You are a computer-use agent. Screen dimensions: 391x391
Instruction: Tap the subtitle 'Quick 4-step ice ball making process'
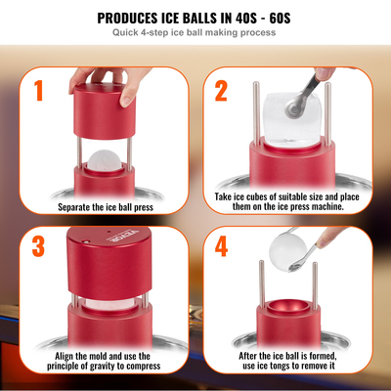pyautogui.click(x=195, y=33)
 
